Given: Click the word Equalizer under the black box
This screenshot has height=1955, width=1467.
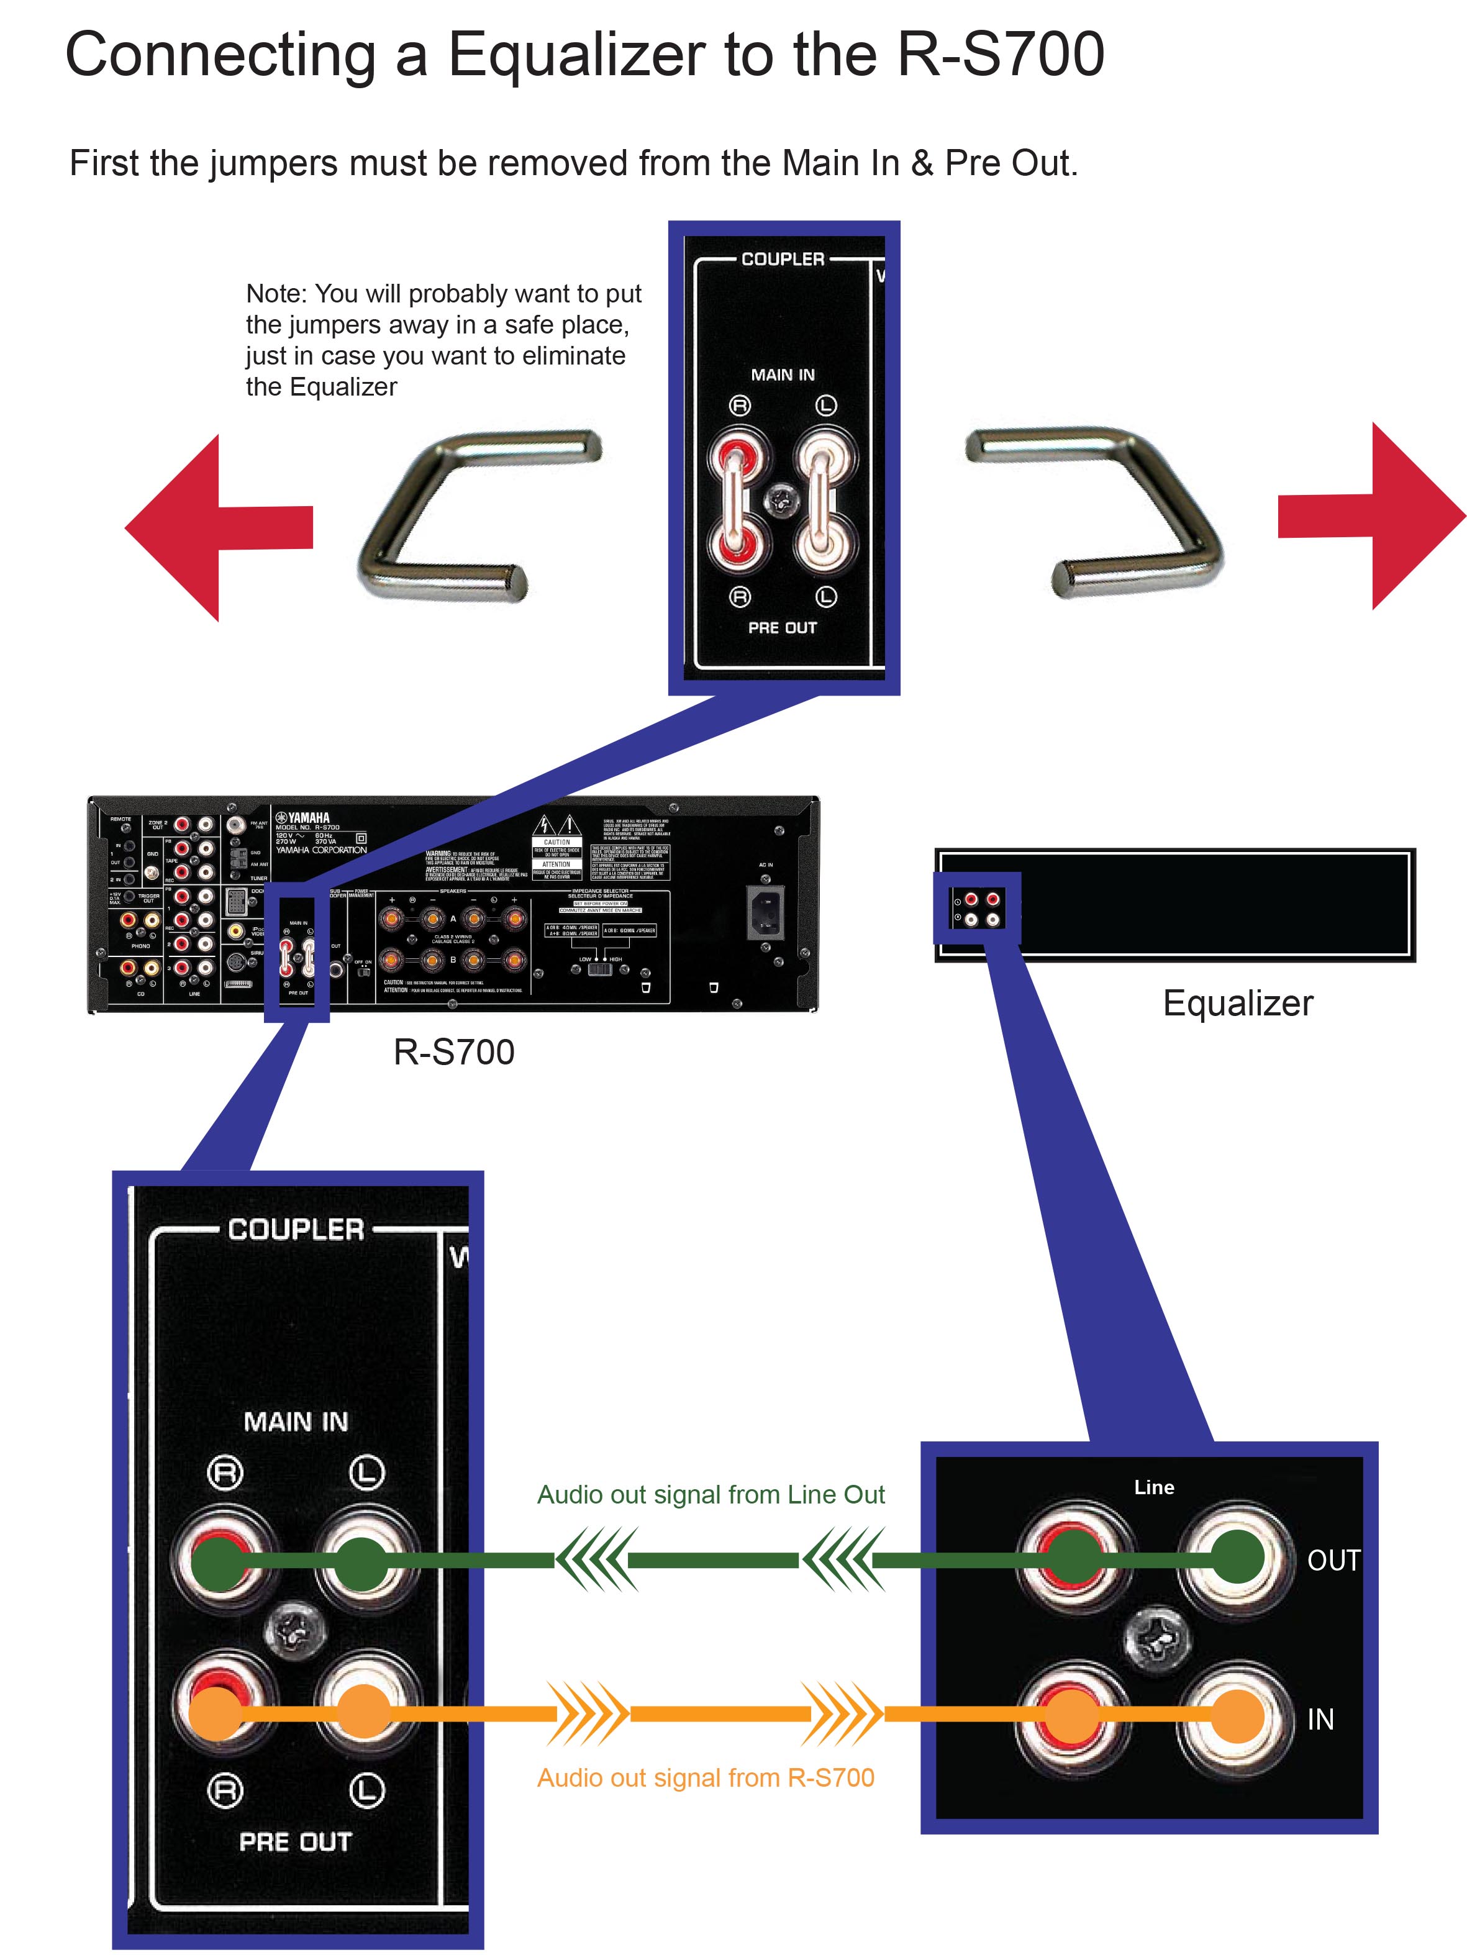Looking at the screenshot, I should pos(1237,1003).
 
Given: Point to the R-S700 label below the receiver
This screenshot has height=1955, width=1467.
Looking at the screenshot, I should pos(453,1052).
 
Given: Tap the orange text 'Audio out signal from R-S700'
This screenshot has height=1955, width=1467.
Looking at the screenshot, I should pos(705,1777).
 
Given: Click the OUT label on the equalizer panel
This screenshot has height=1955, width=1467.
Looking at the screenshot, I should pos(1333,1561).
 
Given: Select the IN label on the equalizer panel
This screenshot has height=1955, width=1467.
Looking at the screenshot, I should pos(1320,1719).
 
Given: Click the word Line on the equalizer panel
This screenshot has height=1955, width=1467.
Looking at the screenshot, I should pos(1154,1487).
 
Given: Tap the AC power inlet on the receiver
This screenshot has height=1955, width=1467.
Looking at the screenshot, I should pos(765,912).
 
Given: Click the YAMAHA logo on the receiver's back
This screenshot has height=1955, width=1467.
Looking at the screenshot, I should pos(303,817).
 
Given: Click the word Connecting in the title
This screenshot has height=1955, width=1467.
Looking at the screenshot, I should pos(222,55).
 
